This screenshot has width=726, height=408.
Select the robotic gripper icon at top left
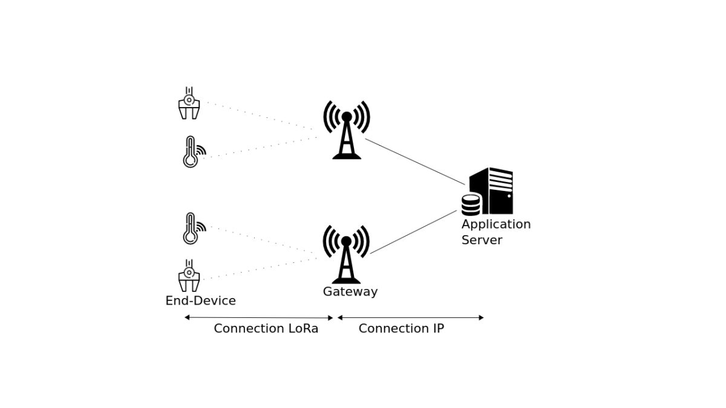coord(189,103)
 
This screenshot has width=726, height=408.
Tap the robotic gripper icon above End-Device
coord(189,276)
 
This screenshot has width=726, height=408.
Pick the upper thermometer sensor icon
coord(192,152)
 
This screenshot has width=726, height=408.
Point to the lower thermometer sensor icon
coord(192,228)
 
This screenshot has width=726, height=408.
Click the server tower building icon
coord(493,190)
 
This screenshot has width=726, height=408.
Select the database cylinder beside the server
coord(471,205)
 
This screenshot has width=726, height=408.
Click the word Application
coord(495,224)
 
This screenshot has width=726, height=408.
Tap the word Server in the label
coord(482,240)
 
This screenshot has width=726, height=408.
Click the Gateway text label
coord(350,291)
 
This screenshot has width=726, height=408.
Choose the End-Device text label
coord(200,300)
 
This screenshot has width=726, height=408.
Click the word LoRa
coord(302,328)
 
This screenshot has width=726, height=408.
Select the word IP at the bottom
coord(438,328)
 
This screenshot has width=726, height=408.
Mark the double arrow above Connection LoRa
coord(259,317)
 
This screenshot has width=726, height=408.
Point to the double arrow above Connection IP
coord(410,317)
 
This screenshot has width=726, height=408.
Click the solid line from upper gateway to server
coord(415,161)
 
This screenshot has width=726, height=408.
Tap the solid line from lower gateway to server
coord(413,232)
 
